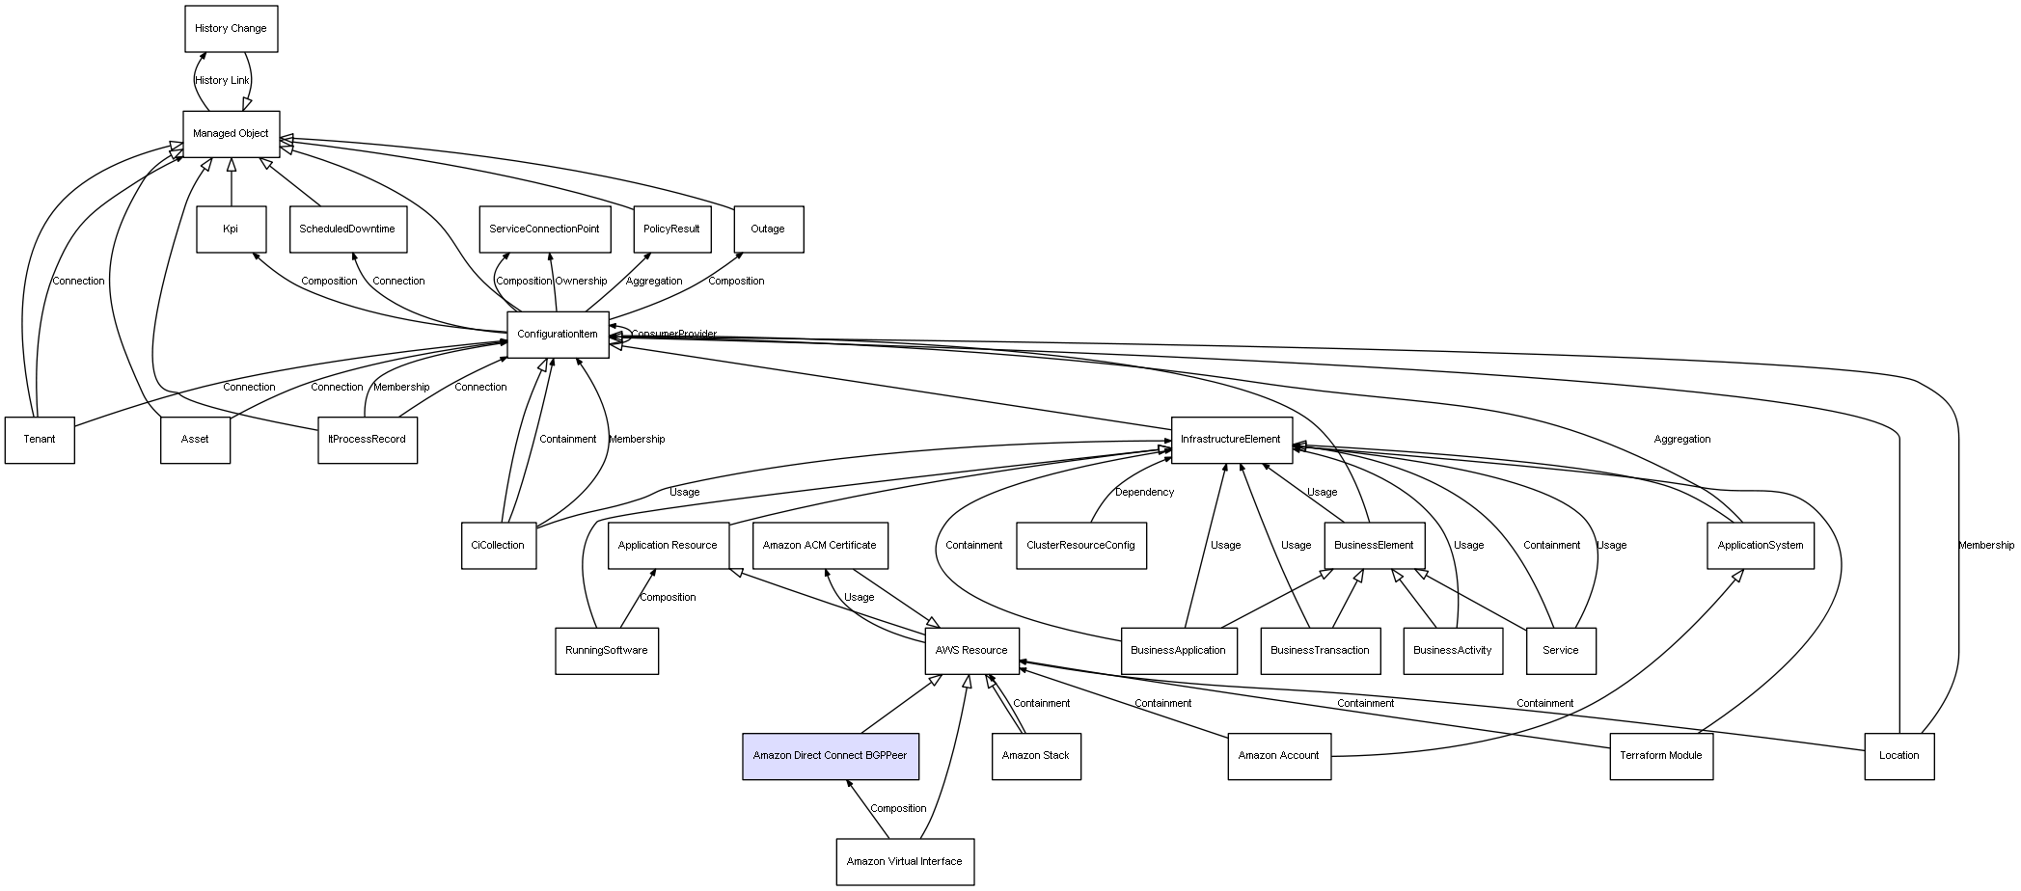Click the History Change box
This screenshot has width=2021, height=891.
pos(232,29)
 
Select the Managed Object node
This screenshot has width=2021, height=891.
pos(232,134)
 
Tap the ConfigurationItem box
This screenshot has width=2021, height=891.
pos(558,335)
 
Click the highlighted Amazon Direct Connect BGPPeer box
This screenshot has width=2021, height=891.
pos(831,756)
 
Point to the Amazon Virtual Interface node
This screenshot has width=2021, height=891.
pos(905,862)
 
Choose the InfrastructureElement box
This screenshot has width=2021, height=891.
pos(1231,440)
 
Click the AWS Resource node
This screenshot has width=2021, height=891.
pos(971,651)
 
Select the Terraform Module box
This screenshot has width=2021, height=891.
pos(1661,756)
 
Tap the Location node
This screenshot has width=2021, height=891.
pos(1899,756)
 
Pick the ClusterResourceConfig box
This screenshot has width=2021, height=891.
pos(1081,546)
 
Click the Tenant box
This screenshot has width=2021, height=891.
pos(40,440)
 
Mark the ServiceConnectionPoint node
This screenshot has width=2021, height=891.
pos(544,229)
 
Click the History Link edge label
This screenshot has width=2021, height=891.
pos(222,81)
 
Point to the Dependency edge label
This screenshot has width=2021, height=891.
pos(1145,493)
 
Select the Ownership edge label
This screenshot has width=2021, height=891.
pos(581,282)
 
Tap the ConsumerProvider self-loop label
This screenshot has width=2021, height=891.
pos(673,335)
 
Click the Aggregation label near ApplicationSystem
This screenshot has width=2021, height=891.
pos(1682,440)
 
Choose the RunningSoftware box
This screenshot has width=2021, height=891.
pos(607,651)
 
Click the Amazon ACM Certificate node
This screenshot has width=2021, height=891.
pos(820,546)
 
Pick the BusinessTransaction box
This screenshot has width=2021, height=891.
pos(1321,651)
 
